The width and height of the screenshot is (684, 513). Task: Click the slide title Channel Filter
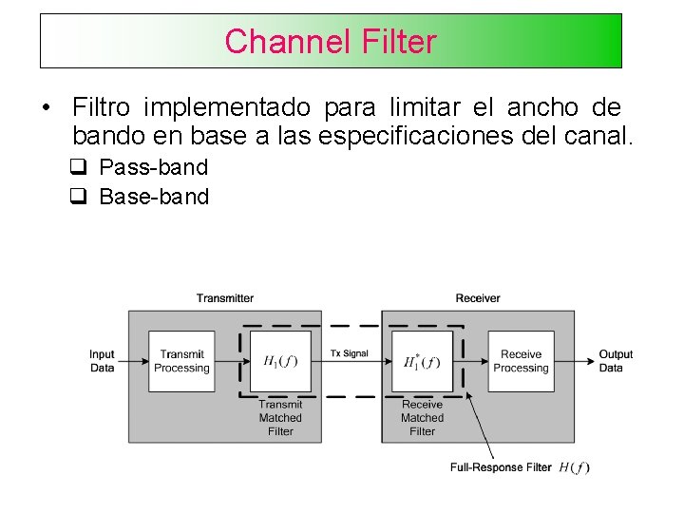pos(331,42)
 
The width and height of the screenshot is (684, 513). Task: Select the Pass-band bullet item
pos(153,168)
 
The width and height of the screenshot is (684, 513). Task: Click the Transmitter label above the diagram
pos(225,298)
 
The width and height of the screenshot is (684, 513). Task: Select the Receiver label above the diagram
pos(477,298)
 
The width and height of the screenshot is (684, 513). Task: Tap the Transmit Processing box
pos(181,361)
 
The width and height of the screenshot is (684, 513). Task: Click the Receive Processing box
pos(521,361)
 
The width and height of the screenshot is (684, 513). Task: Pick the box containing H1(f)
pos(280,361)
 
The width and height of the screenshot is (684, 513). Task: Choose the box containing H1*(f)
pos(422,361)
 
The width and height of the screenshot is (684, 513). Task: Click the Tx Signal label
pos(350,353)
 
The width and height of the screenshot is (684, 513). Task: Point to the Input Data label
pos(103,361)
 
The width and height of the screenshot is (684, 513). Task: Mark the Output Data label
pos(616,361)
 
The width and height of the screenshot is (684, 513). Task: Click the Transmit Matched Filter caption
pos(280,418)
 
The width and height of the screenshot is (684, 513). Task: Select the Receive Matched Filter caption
pos(422,418)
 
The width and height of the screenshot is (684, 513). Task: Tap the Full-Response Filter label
pos(501,467)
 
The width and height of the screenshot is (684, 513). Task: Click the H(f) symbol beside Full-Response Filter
pos(574,467)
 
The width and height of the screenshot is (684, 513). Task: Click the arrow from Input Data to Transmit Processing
pos(133,361)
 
